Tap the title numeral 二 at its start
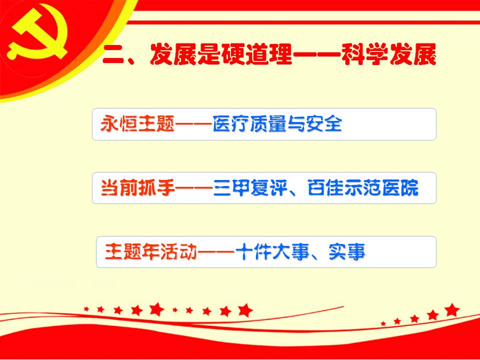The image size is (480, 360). click(112, 55)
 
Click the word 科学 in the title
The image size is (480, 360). click(364, 54)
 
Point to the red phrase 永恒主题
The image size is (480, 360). click(137, 124)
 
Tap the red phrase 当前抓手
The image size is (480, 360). click(138, 187)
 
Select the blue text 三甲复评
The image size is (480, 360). click(250, 187)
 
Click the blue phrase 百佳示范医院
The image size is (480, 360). click(363, 187)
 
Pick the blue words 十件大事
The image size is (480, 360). click(272, 251)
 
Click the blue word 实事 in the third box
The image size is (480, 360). click(347, 251)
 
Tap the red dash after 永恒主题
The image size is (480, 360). click(193, 124)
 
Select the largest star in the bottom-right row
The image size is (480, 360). click(452, 310)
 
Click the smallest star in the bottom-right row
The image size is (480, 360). click(383, 323)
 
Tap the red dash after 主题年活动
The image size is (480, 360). click(216, 252)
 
